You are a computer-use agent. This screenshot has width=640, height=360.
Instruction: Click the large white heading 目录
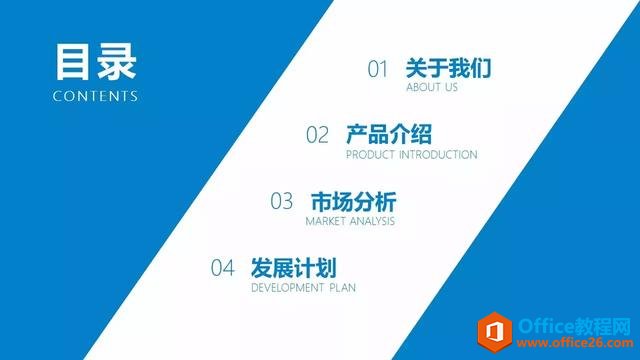(96, 61)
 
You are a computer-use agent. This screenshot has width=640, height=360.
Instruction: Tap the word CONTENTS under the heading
(96, 97)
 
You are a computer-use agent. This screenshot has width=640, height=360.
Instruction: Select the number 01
(377, 69)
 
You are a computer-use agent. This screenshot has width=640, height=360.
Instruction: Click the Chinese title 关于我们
(448, 68)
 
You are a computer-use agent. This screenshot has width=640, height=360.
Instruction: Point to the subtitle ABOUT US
(432, 88)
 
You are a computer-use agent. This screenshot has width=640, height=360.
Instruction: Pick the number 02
(317, 135)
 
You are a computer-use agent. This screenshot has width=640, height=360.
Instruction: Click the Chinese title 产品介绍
(389, 134)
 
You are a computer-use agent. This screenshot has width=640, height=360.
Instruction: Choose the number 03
(282, 201)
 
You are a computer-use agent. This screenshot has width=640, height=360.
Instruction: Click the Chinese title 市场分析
(354, 200)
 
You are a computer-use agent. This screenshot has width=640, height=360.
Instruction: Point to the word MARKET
(327, 221)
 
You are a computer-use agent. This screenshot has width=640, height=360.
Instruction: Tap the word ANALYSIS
(374, 221)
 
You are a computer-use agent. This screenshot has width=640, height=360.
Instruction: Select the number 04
(222, 268)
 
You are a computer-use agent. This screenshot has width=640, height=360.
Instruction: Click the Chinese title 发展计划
(293, 267)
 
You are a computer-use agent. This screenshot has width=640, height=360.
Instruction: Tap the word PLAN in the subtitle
(341, 288)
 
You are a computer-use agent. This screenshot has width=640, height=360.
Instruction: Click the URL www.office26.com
(572, 341)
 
